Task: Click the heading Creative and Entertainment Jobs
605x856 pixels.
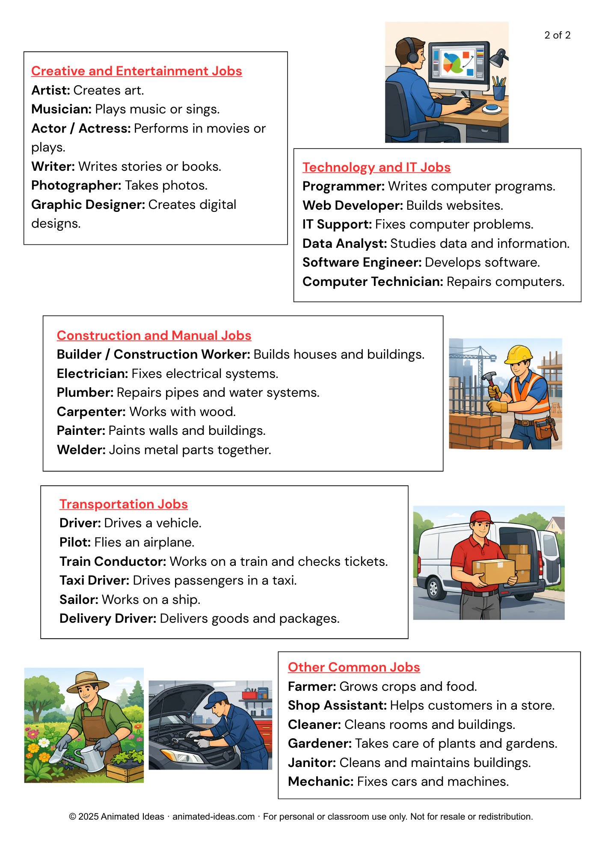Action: pyautogui.click(x=136, y=71)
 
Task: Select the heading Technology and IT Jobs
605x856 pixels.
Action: pyautogui.click(x=376, y=167)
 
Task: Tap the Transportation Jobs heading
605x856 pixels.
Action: pyautogui.click(x=123, y=504)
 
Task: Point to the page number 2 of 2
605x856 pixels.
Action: pyautogui.click(x=557, y=35)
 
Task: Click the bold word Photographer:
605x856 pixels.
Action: pyautogui.click(x=76, y=185)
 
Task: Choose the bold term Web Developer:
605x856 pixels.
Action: pyautogui.click(x=353, y=205)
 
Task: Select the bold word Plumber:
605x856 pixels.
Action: pyautogui.click(x=85, y=392)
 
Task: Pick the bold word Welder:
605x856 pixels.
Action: pyautogui.click(x=81, y=450)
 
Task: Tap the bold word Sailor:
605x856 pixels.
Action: pyautogui.click(x=79, y=600)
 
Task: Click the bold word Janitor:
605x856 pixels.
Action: pyautogui.click(x=311, y=763)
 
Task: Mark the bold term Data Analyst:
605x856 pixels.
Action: pyautogui.click(x=344, y=244)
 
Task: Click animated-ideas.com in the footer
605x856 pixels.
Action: pyautogui.click(x=214, y=817)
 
